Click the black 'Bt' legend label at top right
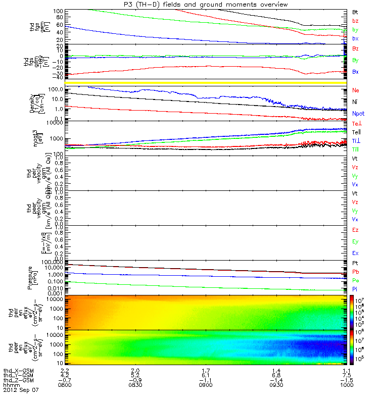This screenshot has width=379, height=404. pyautogui.click(x=355, y=11)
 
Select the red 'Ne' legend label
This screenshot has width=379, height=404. pyautogui.click(x=355, y=90)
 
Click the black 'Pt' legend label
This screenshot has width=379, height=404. pyautogui.click(x=355, y=264)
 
